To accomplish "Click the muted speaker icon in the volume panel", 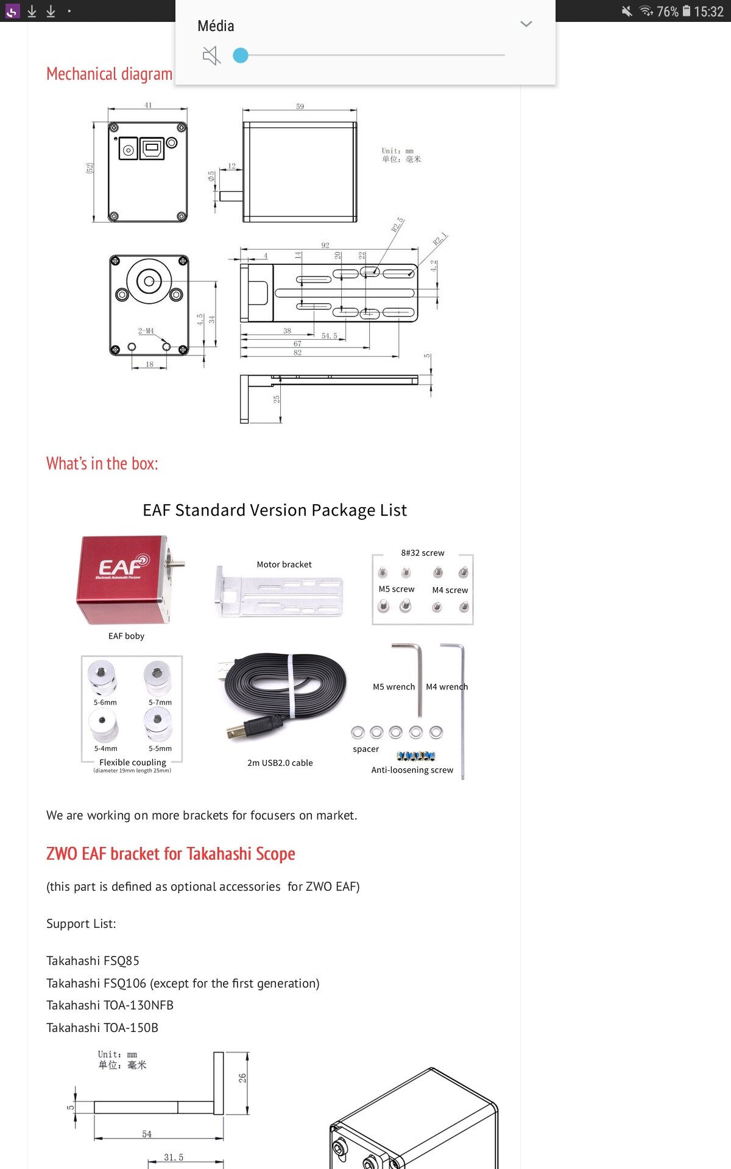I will [x=211, y=56].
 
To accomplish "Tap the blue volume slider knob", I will [x=241, y=55].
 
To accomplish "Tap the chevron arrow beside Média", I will [x=526, y=24].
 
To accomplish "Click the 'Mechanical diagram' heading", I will [x=109, y=74].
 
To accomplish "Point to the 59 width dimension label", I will [x=300, y=107].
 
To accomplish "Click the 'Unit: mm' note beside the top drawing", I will [x=398, y=151].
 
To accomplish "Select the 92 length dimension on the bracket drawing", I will [x=325, y=245].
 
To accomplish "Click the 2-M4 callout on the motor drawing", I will [x=146, y=331].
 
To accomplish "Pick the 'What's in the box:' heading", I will [x=102, y=464].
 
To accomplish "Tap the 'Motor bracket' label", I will [x=284, y=564].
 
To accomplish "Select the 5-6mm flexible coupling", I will [x=102, y=678].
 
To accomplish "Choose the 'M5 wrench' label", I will [x=394, y=687].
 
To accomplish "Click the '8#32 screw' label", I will [x=423, y=553].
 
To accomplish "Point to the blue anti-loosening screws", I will [x=415, y=756].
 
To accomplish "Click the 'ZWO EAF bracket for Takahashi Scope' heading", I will [x=171, y=854].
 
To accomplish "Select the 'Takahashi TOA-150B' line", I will [x=102, y=1028].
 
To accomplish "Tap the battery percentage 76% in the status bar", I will [x=667, y=12].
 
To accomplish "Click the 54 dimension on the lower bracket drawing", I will [x=147, y=1134].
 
